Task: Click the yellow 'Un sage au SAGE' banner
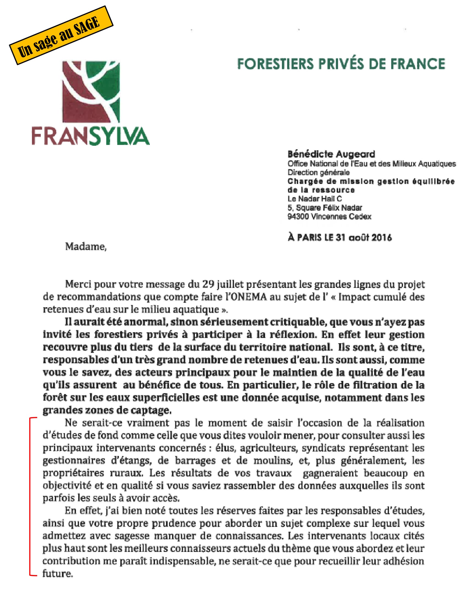click(61, 35)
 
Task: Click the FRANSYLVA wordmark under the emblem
click(91, 136)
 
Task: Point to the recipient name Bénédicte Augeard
click(331, 154)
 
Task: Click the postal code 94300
click(298, 217)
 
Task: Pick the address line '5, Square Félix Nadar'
click(325, 208)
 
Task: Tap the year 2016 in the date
click(382, 238)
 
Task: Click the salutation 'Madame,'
click(86, 247)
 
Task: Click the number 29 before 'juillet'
click(208, 285)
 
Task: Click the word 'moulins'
click(273, 461)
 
